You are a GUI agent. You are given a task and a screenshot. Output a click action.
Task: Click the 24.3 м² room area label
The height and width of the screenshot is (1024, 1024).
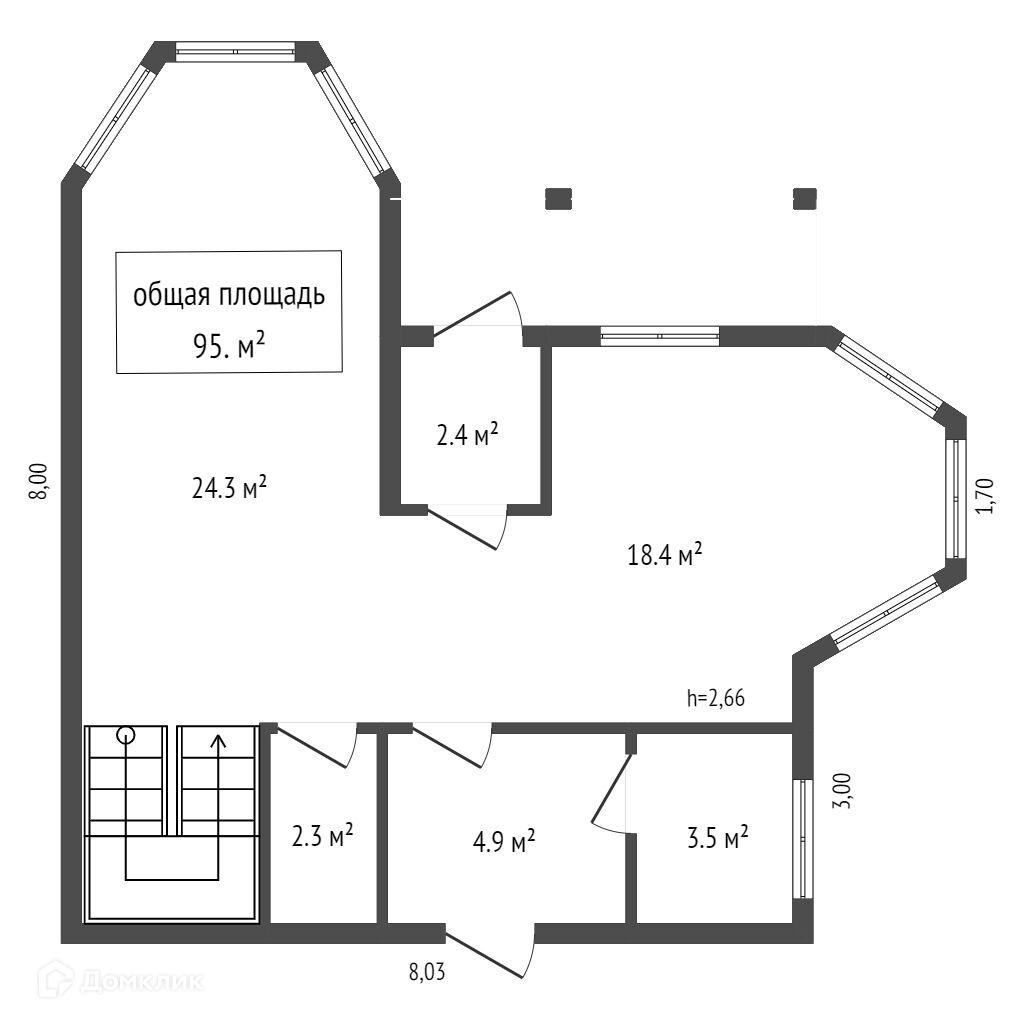click(x=229, y=487)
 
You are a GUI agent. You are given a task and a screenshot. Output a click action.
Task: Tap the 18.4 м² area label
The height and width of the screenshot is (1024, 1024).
click(x=665, y=555)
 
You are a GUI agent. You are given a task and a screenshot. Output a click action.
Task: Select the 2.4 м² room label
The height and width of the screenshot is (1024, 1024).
click(x=468, y=434)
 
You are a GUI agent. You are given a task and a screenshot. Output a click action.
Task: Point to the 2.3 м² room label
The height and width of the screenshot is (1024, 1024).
click(x=323, y=835)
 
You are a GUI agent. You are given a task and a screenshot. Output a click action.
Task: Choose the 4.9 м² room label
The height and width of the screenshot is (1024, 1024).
click(x=504, y=842)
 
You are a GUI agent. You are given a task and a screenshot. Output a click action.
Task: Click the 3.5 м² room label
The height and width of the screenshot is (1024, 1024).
click(x=718, y=837)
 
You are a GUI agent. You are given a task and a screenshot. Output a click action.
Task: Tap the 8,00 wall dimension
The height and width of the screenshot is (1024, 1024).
click(x=39, y=482)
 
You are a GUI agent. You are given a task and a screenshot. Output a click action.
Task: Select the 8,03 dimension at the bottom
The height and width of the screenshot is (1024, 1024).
click(x=427, y=972)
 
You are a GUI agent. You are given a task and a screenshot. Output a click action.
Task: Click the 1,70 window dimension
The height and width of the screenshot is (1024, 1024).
click(x=985, y=496)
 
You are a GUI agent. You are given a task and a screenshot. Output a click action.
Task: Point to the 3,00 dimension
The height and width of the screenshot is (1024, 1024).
click(x=842, y=791)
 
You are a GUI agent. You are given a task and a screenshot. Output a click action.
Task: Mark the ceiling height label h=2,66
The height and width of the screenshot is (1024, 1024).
click(x=715, y=698)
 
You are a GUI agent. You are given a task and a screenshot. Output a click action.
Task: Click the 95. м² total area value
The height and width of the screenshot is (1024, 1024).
click(x=229, y=345)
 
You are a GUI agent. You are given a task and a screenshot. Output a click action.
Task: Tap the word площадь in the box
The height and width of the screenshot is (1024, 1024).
click(x=272, y=296)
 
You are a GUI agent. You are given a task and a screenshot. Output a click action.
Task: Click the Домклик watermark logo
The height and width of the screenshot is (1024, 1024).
click(x=120, y=981)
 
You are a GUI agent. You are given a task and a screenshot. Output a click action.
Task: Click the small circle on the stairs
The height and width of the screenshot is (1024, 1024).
click(x=125, y=735)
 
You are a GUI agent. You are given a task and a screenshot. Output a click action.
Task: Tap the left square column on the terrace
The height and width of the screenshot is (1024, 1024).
click(x=558, y=199)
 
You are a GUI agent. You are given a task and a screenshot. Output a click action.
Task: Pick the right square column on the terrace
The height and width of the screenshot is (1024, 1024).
click(x=805, y=199)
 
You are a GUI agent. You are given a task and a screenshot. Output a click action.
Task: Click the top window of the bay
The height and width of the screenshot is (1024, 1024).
click(x=236, y=52)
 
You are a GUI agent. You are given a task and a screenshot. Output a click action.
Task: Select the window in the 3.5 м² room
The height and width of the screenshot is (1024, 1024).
click(x=803, y=839)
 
